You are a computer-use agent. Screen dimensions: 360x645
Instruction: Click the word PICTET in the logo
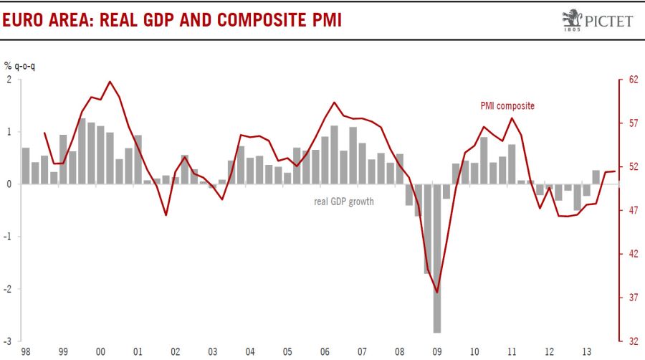tap(608, 21)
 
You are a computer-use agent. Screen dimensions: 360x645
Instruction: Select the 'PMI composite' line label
tap(507, 105)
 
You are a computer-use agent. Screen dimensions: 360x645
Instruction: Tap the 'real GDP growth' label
tap(344, 202)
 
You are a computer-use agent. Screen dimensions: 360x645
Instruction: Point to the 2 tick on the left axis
tap(9, 80)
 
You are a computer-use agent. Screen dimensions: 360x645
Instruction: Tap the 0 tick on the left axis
tap(9, 184)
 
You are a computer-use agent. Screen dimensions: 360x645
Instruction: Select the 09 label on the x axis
tap(436, 352)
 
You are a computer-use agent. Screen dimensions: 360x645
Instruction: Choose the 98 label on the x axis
tap(26, 352)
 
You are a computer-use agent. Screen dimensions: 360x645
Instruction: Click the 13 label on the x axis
tap(586, 352)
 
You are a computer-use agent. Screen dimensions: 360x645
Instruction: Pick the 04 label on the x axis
tap(250, 352)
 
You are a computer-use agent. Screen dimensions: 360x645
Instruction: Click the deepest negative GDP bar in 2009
tap(436, 258)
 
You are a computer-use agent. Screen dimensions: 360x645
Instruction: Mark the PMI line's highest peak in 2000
tap(110, 82)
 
